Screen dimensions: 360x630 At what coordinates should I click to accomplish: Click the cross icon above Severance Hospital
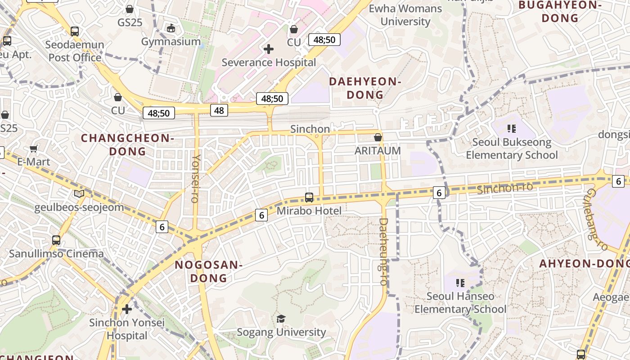[x=269, y=49]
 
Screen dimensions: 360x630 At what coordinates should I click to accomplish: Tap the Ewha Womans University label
[x=405, y=15]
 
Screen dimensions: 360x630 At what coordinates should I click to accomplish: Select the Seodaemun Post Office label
[x=75, y=51]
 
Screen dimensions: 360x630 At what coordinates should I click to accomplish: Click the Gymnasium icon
[x=171, y=28]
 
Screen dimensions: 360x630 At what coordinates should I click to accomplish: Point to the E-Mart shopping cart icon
[x=34, y=148]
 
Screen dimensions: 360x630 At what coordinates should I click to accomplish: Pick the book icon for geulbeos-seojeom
[x=79, y=193]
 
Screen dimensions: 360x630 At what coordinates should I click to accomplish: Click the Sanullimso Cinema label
[x=56, y=253]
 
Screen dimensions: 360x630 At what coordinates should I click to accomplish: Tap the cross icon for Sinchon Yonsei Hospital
[x=127, y=309]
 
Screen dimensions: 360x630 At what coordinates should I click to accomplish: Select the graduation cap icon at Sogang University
[x=281, y=319]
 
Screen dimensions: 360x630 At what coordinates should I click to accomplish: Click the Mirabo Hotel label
[x=309, y=211]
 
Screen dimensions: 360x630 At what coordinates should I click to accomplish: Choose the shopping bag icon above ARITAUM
[x=378, y=137]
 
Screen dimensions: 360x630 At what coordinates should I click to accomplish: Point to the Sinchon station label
[x=310, y=129]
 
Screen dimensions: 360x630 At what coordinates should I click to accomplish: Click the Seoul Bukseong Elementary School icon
[x=511, y=129]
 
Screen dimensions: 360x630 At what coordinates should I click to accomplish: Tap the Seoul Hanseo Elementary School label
[x=460, y=302]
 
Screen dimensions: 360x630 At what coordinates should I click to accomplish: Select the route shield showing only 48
[x=219, y=110]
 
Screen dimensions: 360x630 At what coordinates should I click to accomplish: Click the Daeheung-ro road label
[x=383, y=252]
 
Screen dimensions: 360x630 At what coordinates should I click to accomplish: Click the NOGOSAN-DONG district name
[x=209, y=271]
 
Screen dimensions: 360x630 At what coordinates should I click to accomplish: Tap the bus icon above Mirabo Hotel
[x=309, y=197]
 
